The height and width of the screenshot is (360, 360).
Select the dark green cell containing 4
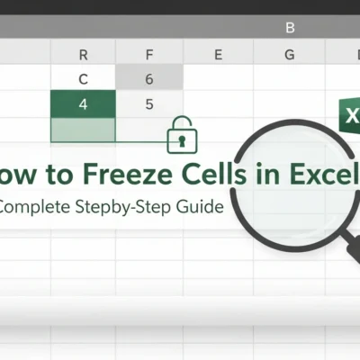[84, 103]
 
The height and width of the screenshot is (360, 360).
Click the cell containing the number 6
[148, 79]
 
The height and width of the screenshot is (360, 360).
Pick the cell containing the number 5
[148, 103]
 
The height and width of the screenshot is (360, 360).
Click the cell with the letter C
[84, 79]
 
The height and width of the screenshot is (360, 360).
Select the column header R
[84, 54]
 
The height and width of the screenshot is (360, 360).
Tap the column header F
[148, 54]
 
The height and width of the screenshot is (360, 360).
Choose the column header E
[218, 54]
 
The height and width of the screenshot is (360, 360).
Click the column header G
[289, 54]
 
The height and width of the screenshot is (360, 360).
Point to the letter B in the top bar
[290, 28]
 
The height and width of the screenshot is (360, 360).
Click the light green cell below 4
[84, 130]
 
